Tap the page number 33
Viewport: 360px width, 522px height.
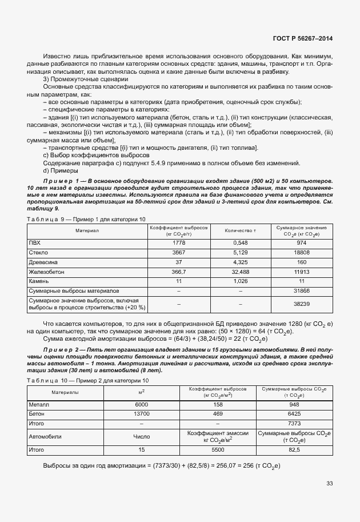coord(329,484)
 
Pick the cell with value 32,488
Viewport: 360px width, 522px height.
coord(241,272)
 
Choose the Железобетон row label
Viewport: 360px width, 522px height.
coord(46,272)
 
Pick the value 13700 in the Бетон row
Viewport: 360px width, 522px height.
coord(141,413)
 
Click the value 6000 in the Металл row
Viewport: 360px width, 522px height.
coord(141,403)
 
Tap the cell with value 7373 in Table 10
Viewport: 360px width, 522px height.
coord(293,423)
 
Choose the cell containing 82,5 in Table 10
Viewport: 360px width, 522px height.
coord(293,450)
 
